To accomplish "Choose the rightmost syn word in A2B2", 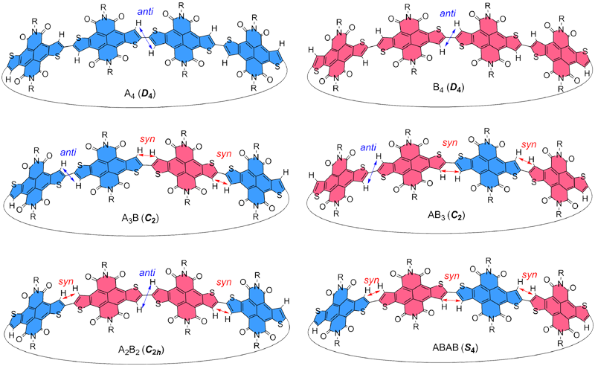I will (x=222, y=281).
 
